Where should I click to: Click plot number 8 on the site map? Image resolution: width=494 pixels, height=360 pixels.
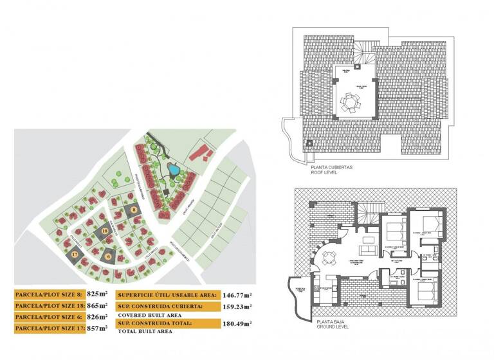click(x=133, y=209)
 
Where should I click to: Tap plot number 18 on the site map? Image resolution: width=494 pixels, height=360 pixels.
click(x=105, y=231)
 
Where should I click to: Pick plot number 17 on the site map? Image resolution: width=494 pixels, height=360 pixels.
click(x=75, y=255)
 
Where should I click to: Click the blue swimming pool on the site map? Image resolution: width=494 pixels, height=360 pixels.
click(x=173, y=170)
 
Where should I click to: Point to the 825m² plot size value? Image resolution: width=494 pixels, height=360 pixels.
click(x=99, y=294)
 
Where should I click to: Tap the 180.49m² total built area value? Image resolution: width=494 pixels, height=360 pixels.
click(x=237, y=323)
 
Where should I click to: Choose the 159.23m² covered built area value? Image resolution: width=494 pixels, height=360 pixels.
click(x=237, y=306)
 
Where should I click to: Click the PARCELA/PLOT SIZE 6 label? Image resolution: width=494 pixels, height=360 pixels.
click(x=49, y=317)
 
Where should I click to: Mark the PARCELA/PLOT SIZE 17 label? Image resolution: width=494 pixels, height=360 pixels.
click(x=49, y=328)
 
